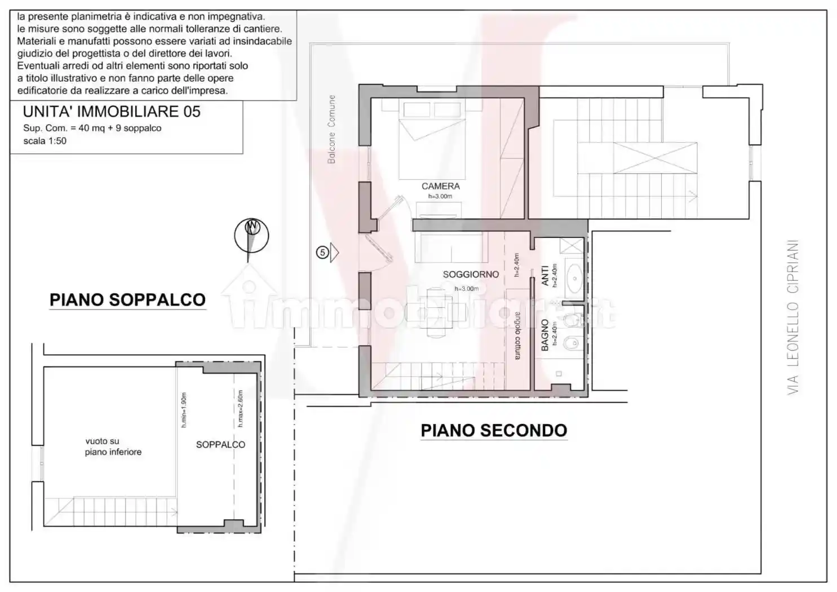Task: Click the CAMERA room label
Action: (440, 186)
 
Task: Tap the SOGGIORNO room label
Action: (471, 275)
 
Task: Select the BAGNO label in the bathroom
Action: (545, 335)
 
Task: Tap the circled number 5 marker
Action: (322, 253)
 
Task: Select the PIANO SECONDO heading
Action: (494, 431)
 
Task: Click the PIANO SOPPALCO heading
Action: (127, 300)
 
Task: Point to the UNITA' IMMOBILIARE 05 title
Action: (112, 112)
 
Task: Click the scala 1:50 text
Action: (45, 141)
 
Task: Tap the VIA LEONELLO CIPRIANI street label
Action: (793, 317)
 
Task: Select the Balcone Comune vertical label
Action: (331, 130)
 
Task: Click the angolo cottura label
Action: (517, 335)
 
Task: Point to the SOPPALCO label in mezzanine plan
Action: (220, 445)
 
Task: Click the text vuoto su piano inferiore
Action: (113, 447)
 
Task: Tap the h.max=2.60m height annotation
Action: (240, 408)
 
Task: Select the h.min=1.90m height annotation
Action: (184, 410)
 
